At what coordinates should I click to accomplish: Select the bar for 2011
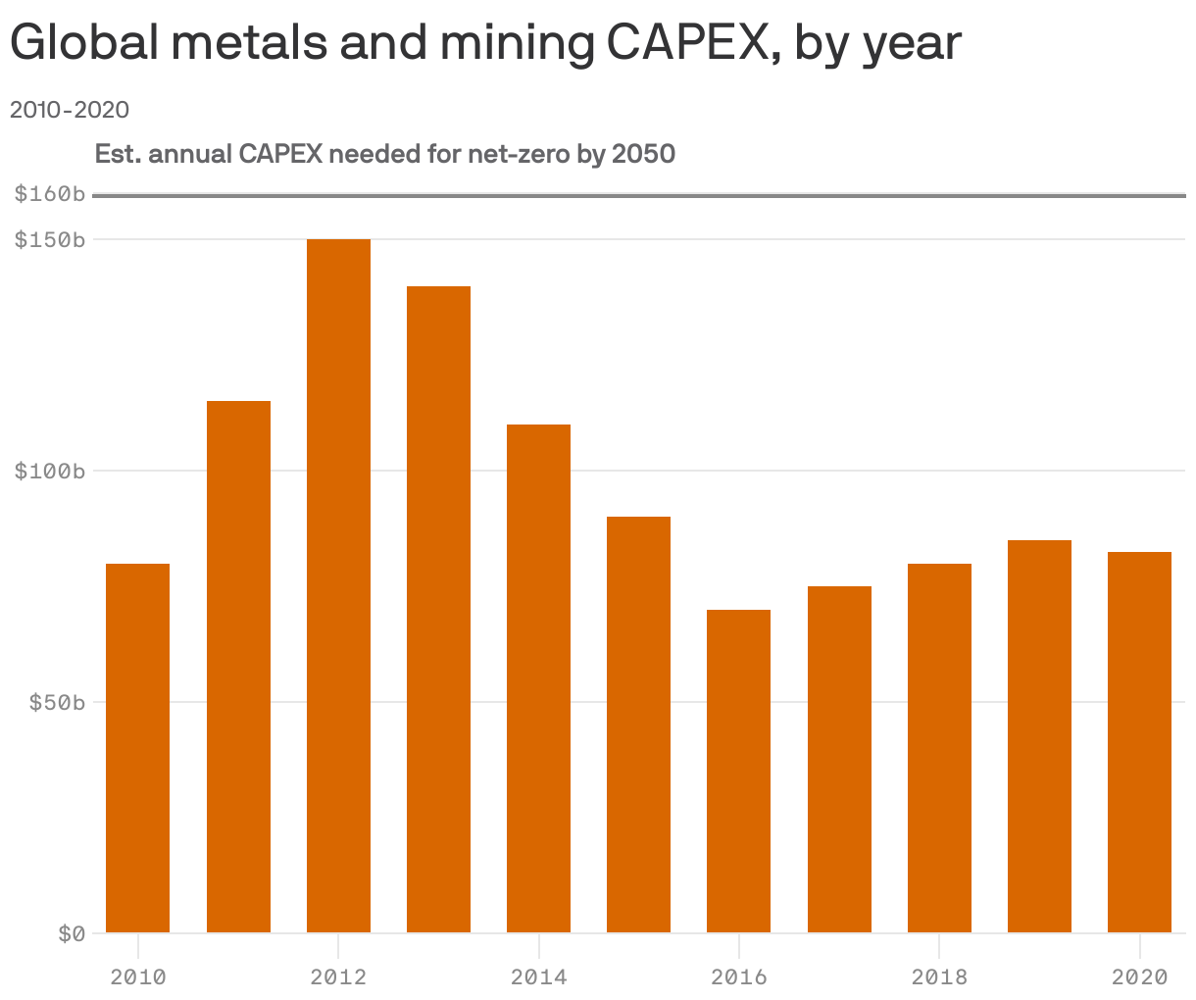tap(238, 667)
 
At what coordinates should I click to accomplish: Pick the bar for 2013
tap(438, 609)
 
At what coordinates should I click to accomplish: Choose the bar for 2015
tap(638, 725)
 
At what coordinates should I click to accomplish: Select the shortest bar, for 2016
tap(738, 771)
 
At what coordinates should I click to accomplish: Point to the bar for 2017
tap(839, 759)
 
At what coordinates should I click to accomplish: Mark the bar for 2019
tap(1039, 736)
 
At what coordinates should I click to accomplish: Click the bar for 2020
tap(1139, 742)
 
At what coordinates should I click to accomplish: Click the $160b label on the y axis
tap(49, 194)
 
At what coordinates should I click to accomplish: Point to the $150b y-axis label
tap(49, 239)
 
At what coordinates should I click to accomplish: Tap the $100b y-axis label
tap(49, 472)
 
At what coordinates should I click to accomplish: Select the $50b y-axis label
tap(55, 703)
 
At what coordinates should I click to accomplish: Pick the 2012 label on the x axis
tap(338, 977)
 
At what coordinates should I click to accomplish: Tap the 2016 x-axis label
tap(738, 977)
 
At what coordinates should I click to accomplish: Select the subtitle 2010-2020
tap(69, 109)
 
